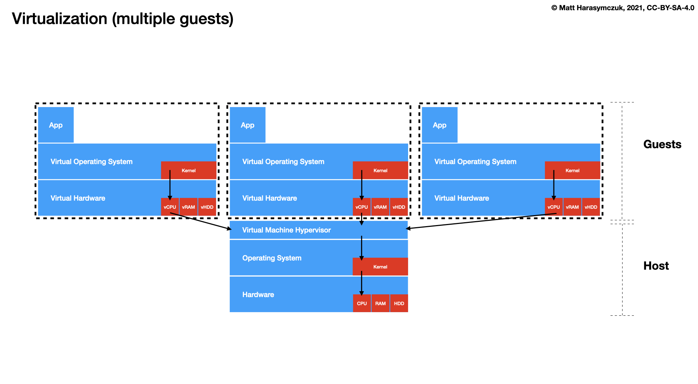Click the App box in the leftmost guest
tap(56, 125)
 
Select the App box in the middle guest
tap(248, 125)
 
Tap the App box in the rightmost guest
tap(439, 125)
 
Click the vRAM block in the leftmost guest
tap(188, 207)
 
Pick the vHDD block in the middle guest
tap(399, 207)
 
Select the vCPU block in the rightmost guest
tap(553, 207)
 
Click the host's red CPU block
tap(362, 303)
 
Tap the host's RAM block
tap(380, 303)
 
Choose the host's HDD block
tap(399, 303)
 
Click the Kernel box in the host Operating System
tap(380, 267)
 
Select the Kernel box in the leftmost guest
tap(189, 170)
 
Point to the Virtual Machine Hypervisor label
tap(286, 230)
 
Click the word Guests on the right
tap(662, 144)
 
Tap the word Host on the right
tap(656, 266)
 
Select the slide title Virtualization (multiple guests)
tap(123, 19)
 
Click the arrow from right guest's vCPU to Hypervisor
tap(481, 221)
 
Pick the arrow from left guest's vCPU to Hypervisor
tap(201, 221)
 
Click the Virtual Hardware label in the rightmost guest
tap(462, 198)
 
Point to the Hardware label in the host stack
tap(258, 294)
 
